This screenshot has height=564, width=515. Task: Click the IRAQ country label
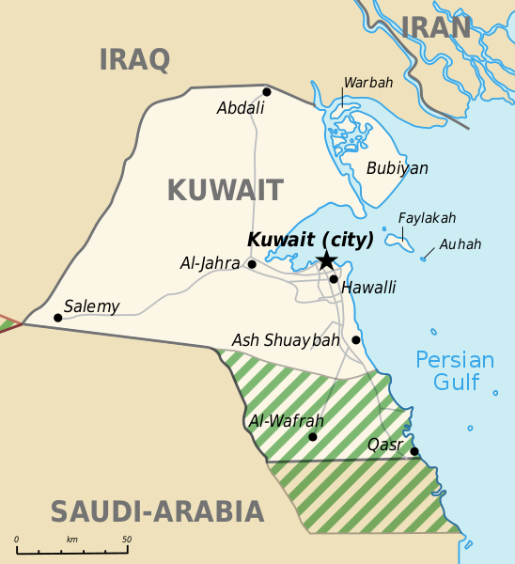coord(135,60)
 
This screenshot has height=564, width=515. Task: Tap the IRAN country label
coord(436,28)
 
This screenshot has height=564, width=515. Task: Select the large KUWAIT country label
coord(225,191)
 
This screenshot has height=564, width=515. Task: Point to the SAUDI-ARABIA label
coord(157,512)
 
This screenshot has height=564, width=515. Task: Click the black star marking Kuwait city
coord(326,259)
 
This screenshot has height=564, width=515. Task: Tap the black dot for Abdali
coord(267,92)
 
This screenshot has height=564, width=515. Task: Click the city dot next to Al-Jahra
coord(252,264)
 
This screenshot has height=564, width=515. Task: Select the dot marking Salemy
coord(58,318)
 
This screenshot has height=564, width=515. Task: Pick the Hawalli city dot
coord(334,278)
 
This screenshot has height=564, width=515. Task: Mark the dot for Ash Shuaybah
coord(356,340)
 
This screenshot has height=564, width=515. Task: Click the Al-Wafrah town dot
coord(313,436)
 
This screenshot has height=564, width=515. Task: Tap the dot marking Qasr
coord(414,450)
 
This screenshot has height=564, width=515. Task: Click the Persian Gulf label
coord(455,370)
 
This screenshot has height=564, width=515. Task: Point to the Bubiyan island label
coord(397,168)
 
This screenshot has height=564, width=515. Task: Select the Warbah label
coord(368,83)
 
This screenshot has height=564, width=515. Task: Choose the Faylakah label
coord(427,218)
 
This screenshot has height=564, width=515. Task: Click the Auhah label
coord(460,244)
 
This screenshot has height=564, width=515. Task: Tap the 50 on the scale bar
coord(126,539)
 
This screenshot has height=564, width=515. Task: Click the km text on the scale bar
coord(71,539)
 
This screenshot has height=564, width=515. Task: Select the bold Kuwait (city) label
coord(310,240)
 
